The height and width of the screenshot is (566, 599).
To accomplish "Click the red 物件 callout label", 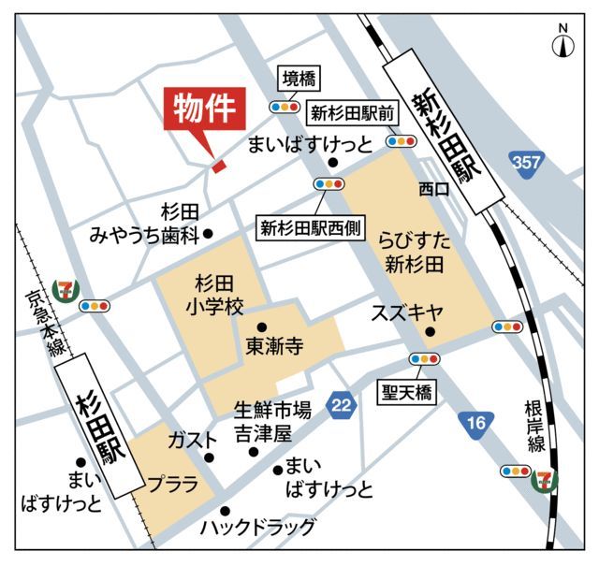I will click(205, 110).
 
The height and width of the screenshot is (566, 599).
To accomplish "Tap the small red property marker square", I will click(218, 167).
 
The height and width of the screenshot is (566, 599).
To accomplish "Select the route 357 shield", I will click(527, 163).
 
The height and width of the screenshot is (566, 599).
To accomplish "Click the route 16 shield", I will click(476, 424).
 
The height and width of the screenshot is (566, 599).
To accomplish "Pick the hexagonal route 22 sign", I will click(343, 404).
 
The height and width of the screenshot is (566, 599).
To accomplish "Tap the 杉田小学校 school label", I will click(212, 295).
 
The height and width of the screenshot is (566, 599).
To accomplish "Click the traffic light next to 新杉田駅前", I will click(401, 141).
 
